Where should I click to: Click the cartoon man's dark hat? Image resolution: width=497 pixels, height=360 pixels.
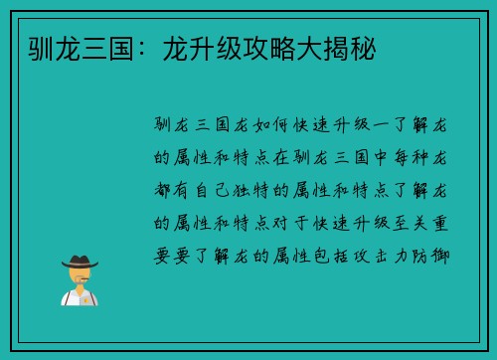tap(79, 262)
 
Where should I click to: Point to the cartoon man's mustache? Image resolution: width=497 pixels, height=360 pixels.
tap(79, 280)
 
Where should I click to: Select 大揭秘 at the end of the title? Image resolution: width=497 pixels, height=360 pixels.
tap(333, 48)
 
